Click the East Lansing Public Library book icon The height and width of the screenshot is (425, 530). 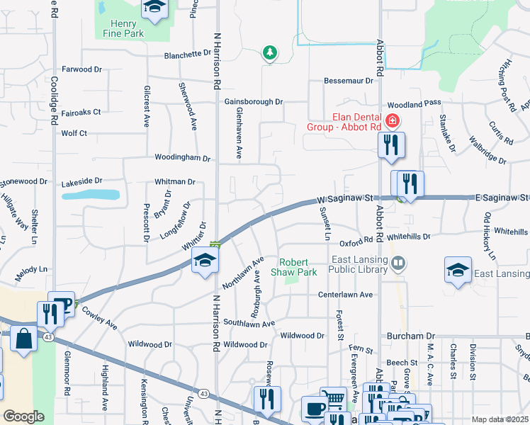point(399,264)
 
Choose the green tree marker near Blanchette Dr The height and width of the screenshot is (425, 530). point(269,52)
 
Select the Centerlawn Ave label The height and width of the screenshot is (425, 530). point(345,294)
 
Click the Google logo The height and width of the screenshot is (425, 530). point(24,416)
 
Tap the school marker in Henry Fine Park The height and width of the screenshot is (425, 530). point(154,7)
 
